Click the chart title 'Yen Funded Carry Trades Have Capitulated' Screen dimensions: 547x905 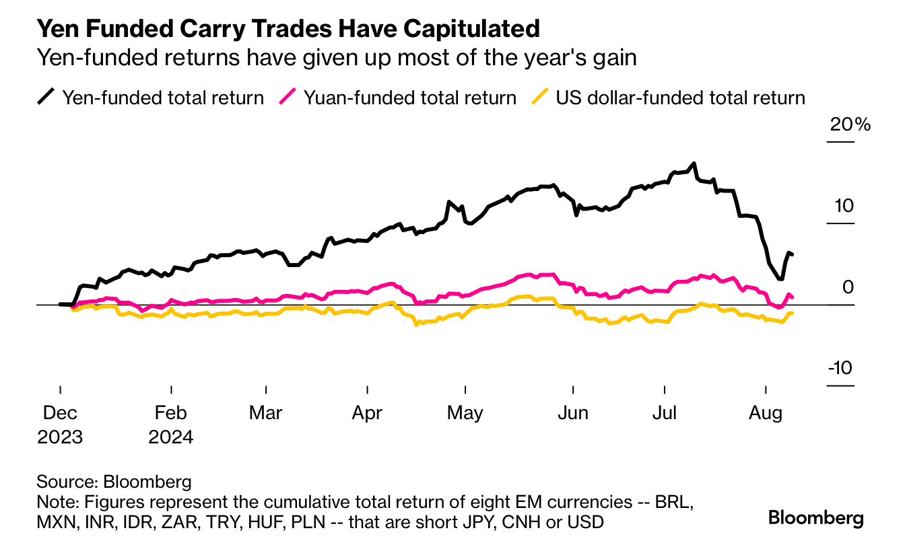pos(288,28)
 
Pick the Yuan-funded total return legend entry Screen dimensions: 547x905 pos(398,98)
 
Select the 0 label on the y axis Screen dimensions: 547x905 pos(847,287)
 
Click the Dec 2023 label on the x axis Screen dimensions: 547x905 pos(60,424)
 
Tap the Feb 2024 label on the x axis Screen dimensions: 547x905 pos(171,424)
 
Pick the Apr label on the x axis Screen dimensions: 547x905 pos(367,412)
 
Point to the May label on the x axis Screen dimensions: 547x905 pos(465,412)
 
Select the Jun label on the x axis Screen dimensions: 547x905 pos(573,412)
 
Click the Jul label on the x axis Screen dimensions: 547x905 pos(665,412)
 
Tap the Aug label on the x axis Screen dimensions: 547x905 pos(766,412)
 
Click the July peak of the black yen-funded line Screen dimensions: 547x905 pos(694,163)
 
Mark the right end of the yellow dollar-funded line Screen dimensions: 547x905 pos(792,313)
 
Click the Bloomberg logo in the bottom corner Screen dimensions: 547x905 pos(815,518)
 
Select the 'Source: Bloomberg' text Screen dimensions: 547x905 pos(114,482)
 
